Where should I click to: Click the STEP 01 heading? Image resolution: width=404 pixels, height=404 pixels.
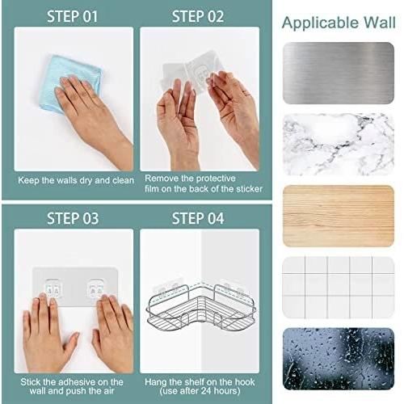tap(72, 16)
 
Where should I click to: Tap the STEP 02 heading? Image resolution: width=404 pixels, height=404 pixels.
tap(198, 16)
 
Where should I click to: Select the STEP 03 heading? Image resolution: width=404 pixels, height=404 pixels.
tap(73, 218)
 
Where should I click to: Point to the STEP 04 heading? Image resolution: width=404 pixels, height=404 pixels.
tap(198, 218)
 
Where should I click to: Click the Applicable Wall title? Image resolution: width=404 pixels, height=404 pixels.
tap(339, 23)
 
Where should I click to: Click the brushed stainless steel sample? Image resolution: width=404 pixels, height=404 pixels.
tap(339, 73)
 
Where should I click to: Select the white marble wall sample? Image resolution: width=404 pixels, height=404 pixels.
tap(339, 145)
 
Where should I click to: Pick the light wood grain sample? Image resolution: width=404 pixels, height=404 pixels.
tap(339, 216)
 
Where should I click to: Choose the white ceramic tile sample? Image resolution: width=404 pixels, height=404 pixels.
tap(339, 287)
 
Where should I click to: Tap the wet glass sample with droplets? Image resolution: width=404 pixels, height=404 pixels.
tap(339, 359)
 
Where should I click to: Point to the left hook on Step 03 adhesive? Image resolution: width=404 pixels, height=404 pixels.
tap(53, 288)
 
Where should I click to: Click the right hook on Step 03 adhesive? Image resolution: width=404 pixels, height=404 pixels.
tap(97, 288)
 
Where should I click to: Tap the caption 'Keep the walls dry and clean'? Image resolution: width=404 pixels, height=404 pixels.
tap(76, 180)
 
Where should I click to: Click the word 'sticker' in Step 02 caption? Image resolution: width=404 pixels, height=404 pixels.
tap(249, 189)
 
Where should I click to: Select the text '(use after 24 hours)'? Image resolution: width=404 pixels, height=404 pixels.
tap(200, 391)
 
